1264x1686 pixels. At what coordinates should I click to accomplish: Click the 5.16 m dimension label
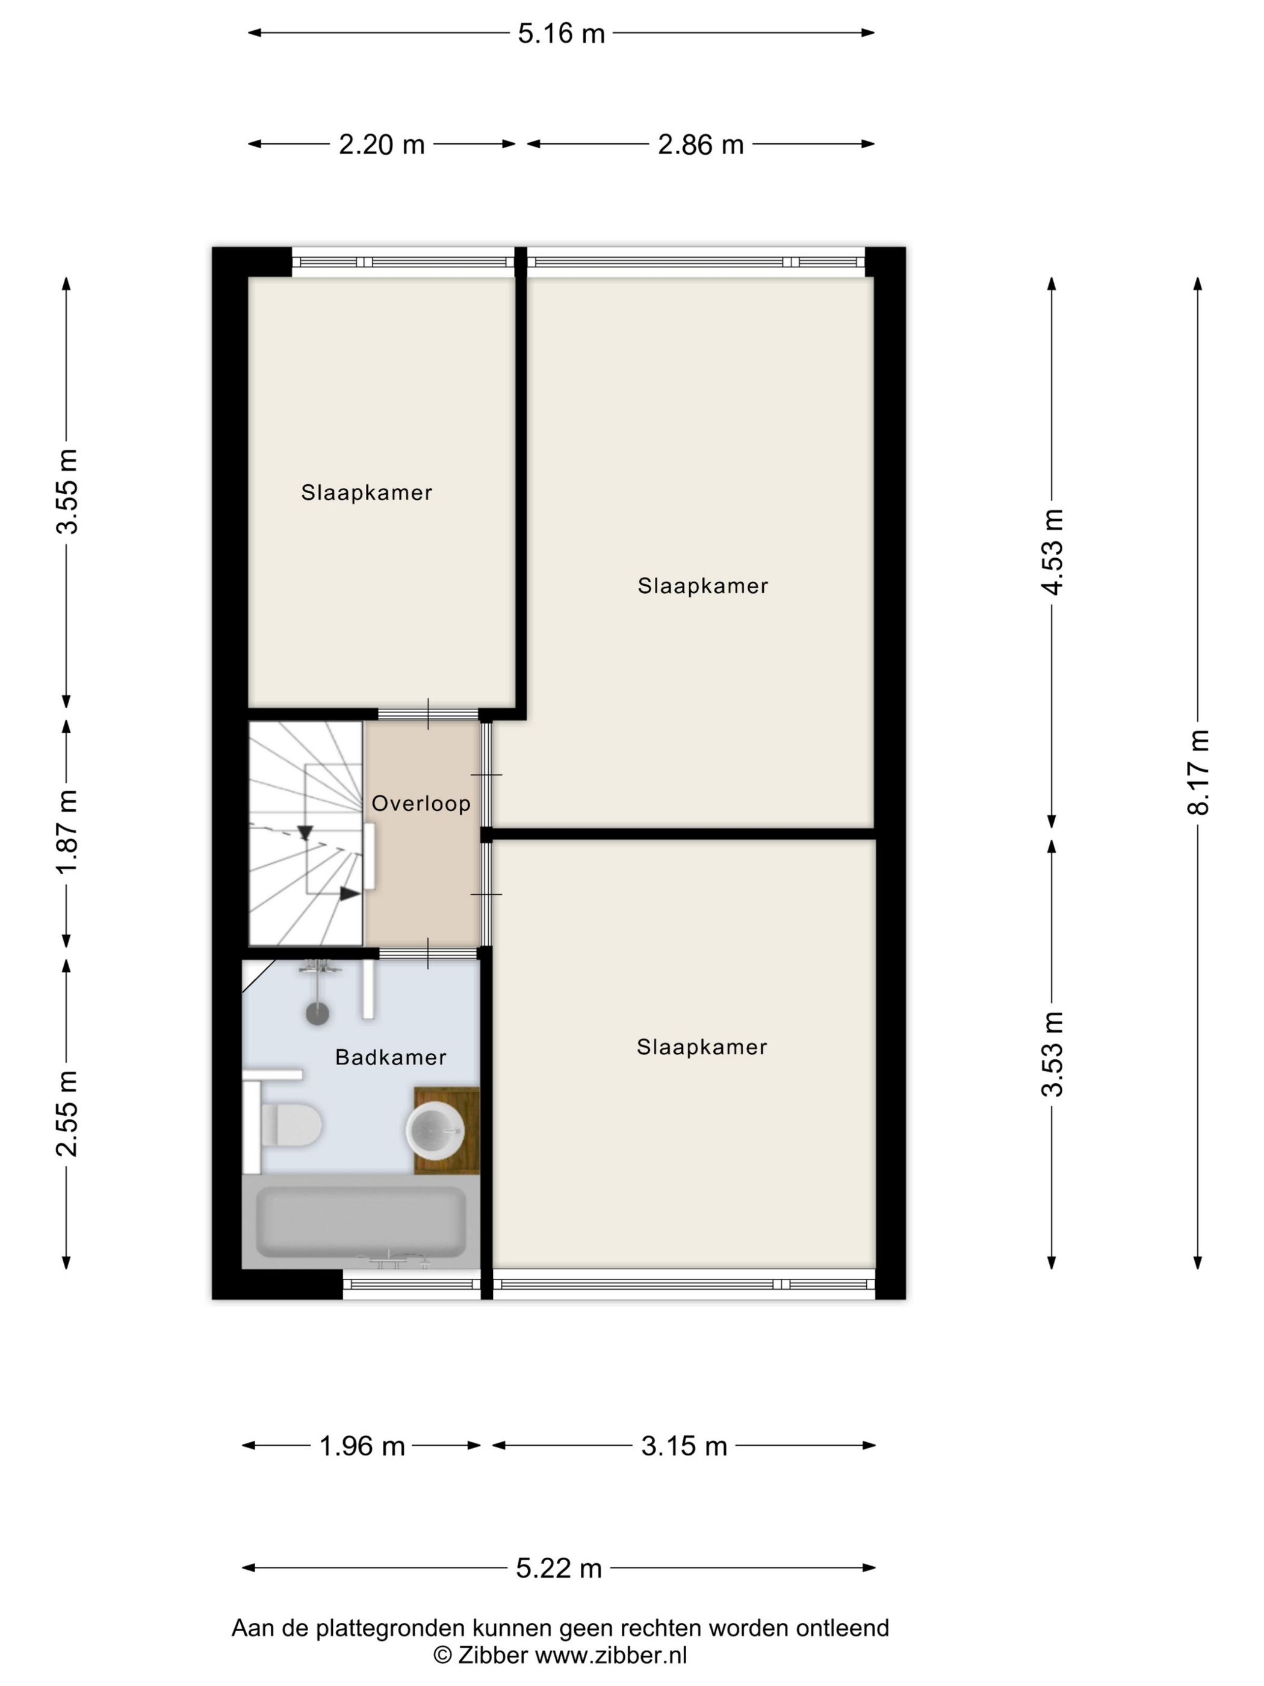click(x=561, y=34)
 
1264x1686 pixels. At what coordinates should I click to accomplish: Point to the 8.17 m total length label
click(x=1198, y=772)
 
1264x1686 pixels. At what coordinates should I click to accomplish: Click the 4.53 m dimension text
click(x=1052, y=551)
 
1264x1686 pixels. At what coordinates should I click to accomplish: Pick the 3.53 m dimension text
click(x=1052, y=1053)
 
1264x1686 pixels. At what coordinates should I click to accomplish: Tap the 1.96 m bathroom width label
click(x=362, y=1446)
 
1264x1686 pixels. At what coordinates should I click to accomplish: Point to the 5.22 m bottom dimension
click(x=559, y=1568)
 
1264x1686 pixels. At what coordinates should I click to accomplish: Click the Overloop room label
click(x=421, y=803)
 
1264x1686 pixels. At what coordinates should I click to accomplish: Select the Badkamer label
click(x=390, y=1057)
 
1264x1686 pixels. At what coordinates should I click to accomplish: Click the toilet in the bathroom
click(x=282, y=1124)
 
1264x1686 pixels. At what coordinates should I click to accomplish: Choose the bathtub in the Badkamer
click(x=361, y=1222)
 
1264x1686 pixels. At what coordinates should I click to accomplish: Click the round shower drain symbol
click(x=317, y=1013)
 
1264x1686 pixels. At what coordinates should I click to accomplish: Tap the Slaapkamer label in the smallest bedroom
click(x=367, y=493)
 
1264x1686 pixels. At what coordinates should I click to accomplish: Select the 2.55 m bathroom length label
click(x=67, y=1113)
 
